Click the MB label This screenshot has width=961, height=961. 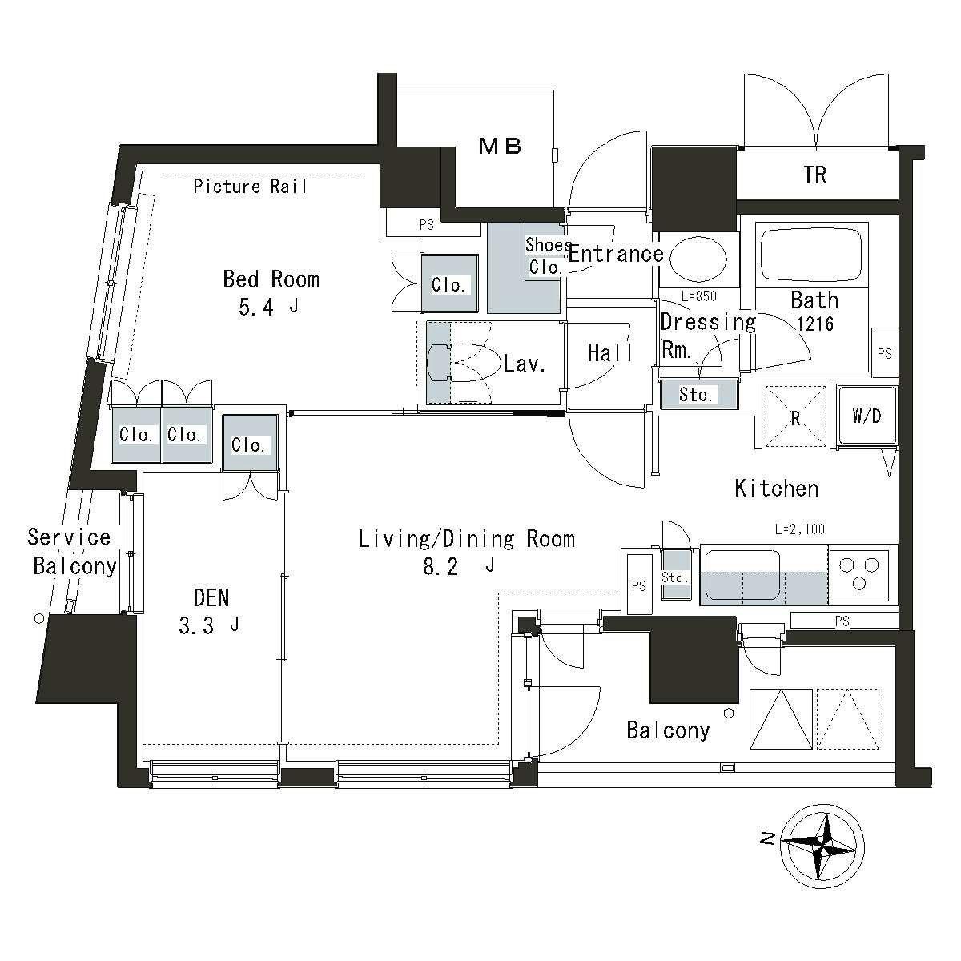(500, 146)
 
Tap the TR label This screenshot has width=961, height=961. (814, 175)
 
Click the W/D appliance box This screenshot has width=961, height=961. (867, 416)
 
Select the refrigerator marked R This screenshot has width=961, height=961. (795, 416)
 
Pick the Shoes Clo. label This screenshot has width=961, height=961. (548, 256)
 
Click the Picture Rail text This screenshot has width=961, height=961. (250, 187)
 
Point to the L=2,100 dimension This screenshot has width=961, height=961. (799, 529)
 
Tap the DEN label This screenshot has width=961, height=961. (211, 597)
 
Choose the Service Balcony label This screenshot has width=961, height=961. (72, 551)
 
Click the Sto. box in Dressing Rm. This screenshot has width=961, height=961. (696, 395)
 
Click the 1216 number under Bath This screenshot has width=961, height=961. (815, 324)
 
